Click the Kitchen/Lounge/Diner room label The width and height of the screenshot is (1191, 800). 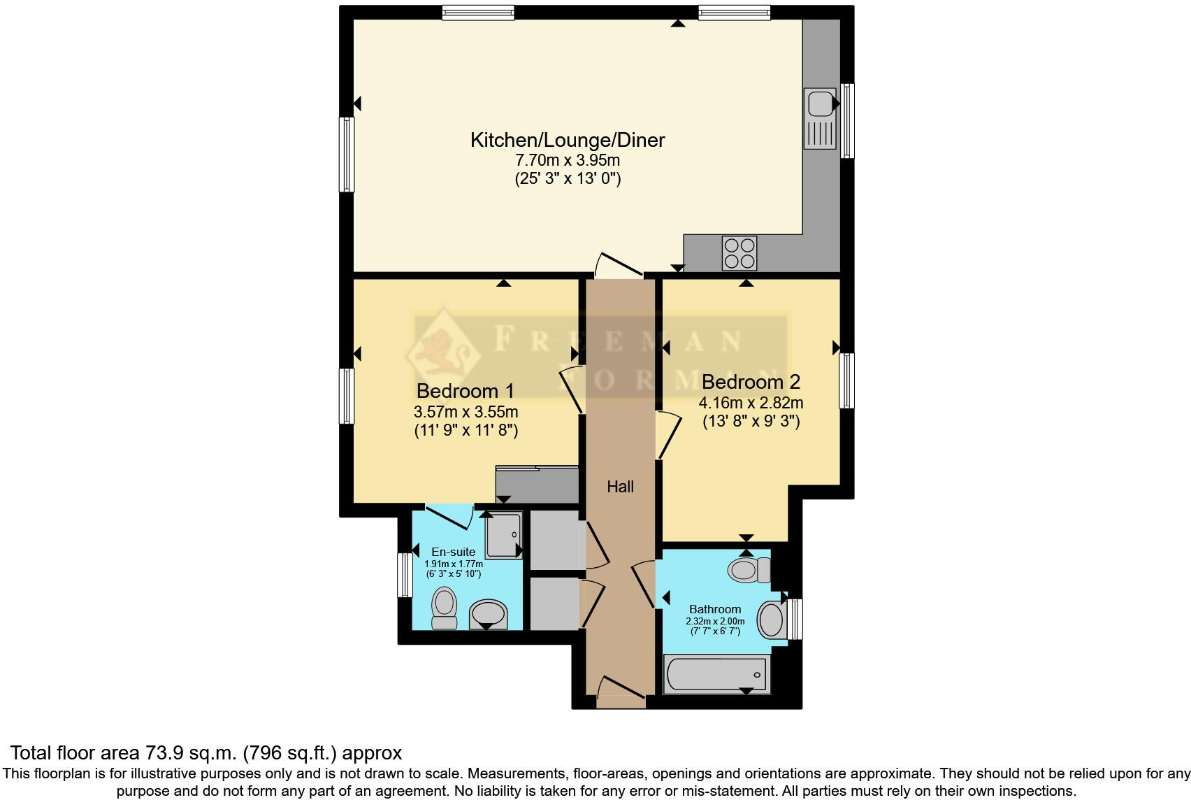(x=567, y=140)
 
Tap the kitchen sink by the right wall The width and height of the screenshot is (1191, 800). (x=819, y=117)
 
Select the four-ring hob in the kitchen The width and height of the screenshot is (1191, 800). (x=739, y=253)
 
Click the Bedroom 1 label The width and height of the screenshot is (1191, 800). (x=465, y=391)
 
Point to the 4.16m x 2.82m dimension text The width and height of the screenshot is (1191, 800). (x=751, y=403)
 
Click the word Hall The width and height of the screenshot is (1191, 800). (x=620, y=487)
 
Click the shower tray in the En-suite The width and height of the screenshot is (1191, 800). (x=503, y=535)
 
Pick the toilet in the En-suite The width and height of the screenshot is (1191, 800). (x=444, y=607)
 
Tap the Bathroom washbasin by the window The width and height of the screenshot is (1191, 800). (x=771, y=620)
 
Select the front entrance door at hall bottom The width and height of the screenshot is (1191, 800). (x=620, y=689)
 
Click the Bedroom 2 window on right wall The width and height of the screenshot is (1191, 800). (x=846, y=380)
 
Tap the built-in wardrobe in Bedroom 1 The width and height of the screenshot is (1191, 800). (x=537, y=484)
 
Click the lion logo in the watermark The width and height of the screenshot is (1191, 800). (x=445, y=350)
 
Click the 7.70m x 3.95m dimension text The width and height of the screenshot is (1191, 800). (x=567, y=160)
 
